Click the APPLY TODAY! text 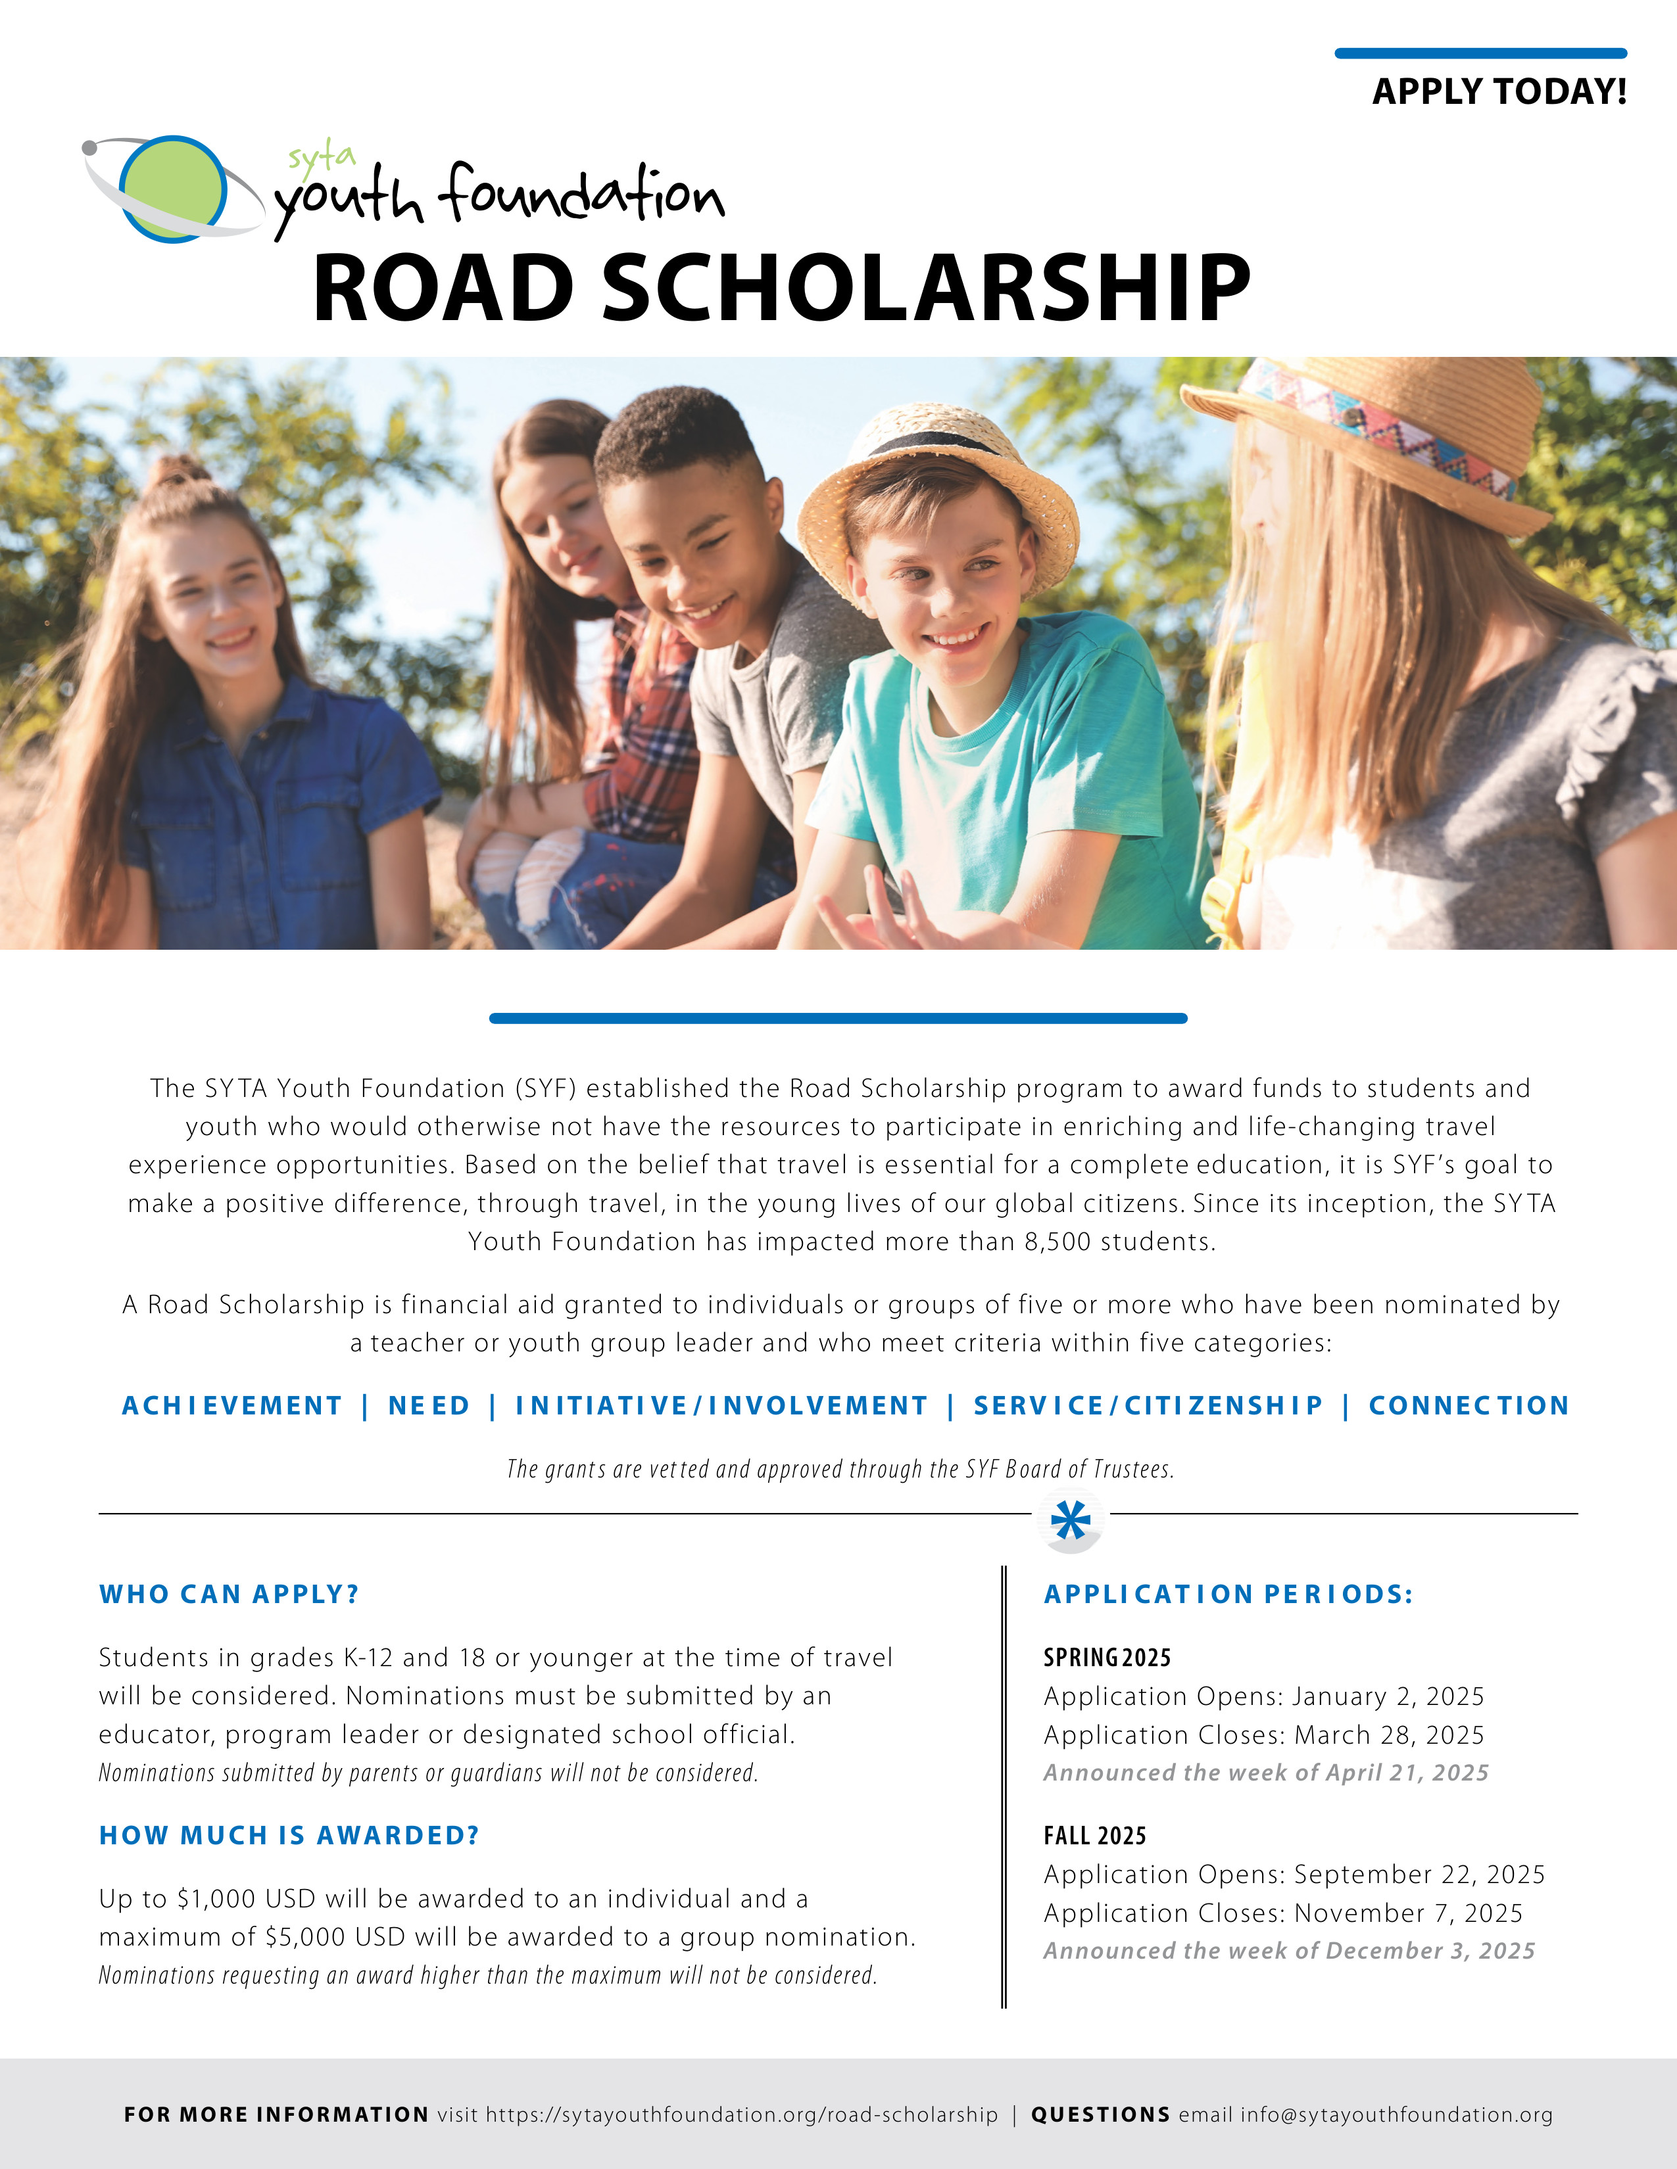click(x=1498, y=91)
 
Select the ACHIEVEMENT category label click(x=231, y=1405)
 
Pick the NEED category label click(x=428, y=1405)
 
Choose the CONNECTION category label click(x=1469, y=1405)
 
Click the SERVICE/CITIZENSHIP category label click(x=1148, y=1405)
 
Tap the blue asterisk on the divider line click(x=1070, y=1520)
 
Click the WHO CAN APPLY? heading click(x=228, y=1594)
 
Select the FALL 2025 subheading click(x=1094, y=1835)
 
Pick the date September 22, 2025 click(x=1419, y=1874)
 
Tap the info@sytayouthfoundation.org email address click(x=1396, y=2114)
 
